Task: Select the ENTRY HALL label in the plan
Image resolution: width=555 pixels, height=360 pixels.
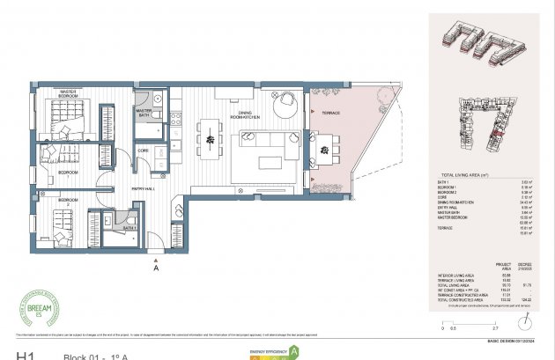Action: (144, 189)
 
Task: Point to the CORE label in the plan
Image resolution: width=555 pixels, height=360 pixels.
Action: (143, 151)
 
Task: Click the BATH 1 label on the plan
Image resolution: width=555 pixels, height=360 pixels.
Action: (128, 227)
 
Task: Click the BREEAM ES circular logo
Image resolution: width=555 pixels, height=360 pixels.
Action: (36, 313)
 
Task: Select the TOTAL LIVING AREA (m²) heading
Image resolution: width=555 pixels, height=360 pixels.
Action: (464, 176)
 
